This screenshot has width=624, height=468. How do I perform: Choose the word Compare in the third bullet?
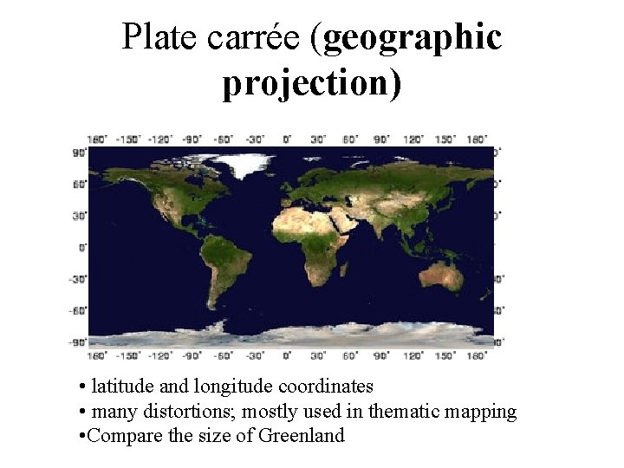click(121, 435)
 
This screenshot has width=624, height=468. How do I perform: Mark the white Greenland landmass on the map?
click(243, 163)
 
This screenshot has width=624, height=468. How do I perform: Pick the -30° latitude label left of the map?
click(78, 279)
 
